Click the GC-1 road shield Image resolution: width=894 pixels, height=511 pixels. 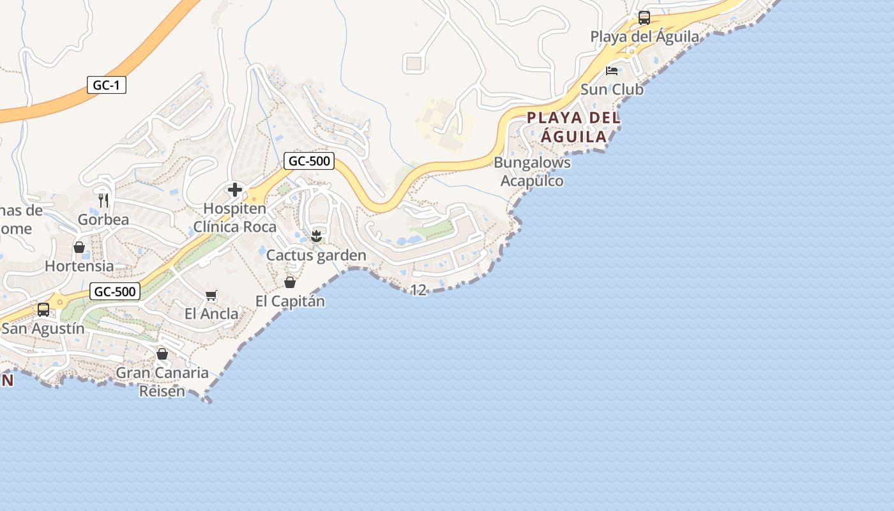(x=107, y=85)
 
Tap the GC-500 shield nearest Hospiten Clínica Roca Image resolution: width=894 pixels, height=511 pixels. (x=310, y=161)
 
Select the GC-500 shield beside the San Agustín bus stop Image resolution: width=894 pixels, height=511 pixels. (x=115, y=292)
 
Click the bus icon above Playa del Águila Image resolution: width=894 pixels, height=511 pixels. (x=644, y=18)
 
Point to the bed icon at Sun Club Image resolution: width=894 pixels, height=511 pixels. (x=612, y=70)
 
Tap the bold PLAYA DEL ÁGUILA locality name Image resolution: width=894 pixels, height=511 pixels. (x=573, y=127)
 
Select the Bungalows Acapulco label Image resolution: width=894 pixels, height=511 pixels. (x=532, y=172)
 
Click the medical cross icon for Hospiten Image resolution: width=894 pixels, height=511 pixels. (x=235, y=190)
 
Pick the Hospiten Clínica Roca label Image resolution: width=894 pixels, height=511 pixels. (x=235, y=218)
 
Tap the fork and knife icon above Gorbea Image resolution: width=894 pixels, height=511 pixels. (x=103, y=201)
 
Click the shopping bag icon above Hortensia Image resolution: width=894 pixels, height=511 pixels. (x=79, y=247)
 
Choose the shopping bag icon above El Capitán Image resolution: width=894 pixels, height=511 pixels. (x=290, y=282)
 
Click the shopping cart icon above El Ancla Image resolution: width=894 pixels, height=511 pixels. (x=211, y=295)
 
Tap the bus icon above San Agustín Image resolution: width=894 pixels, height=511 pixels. (x=43, y=310)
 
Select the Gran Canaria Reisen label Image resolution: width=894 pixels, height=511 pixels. (x=162, y=381)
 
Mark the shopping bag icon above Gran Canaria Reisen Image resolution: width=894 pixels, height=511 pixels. (x=162, y=354)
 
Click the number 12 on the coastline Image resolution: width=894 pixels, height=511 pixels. (x=418, y=290)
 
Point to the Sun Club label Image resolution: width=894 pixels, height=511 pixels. (x=612, y=89)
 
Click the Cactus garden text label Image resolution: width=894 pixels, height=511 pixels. (x=316, y=256)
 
